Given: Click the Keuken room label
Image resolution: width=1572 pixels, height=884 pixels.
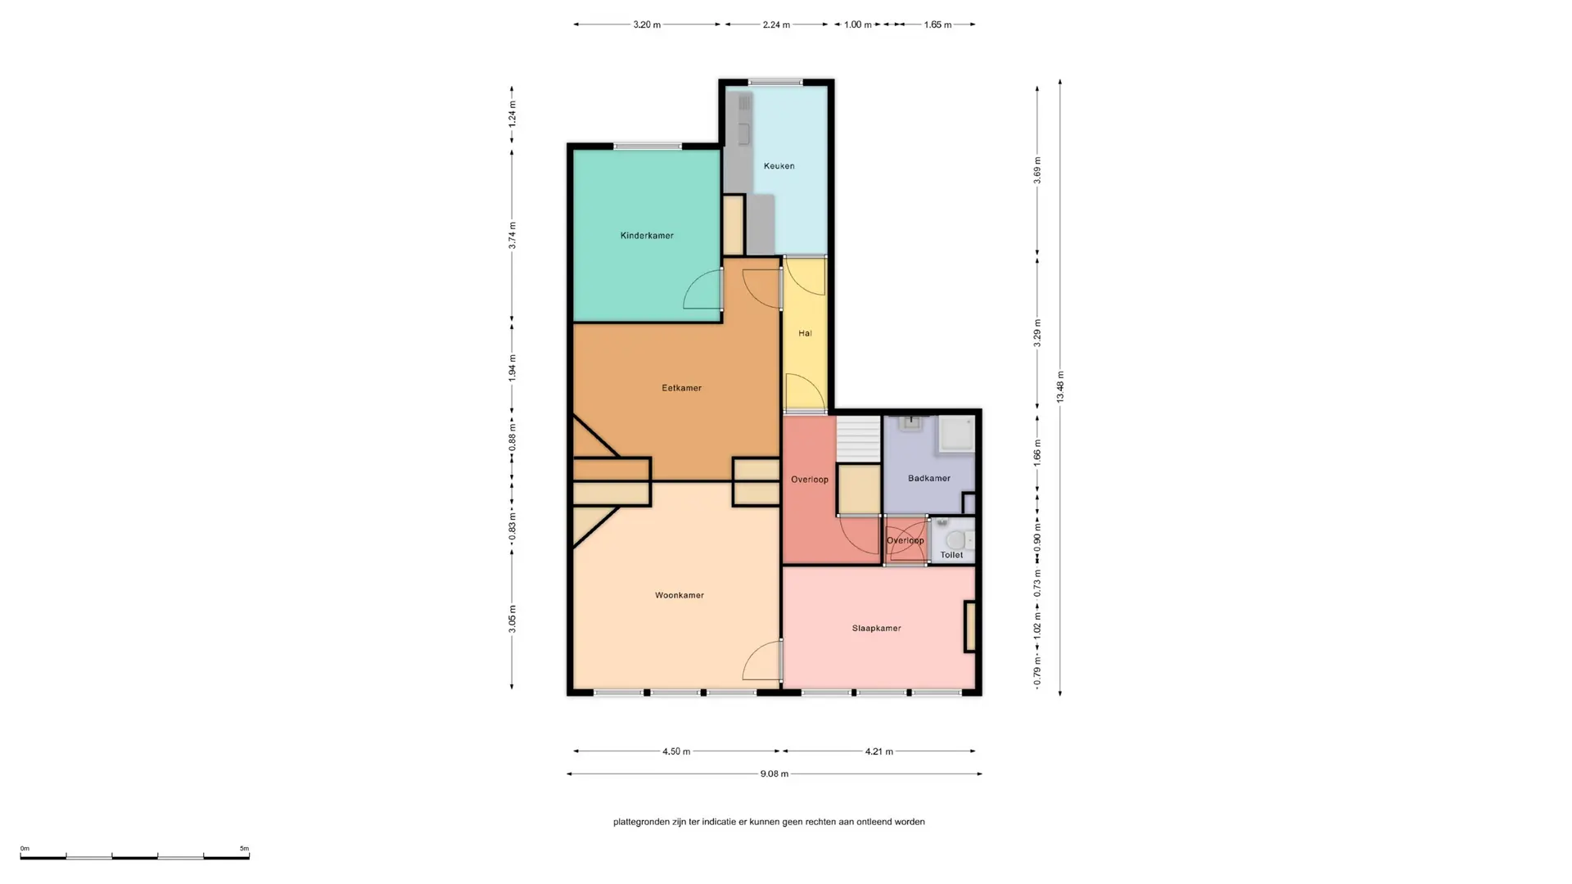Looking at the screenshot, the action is pos(779,166).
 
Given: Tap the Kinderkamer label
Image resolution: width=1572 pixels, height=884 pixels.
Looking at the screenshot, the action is pos(647,236).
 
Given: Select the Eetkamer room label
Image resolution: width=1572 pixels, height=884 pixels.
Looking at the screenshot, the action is pos(681,388).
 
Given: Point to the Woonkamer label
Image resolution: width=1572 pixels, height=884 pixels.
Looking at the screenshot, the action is pos(680,595).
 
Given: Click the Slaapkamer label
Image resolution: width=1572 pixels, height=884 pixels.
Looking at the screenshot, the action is pos(876,629).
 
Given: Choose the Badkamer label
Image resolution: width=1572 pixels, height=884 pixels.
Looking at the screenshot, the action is pos(929,478).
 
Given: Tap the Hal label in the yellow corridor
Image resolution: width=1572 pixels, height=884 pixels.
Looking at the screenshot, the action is pos(805,333).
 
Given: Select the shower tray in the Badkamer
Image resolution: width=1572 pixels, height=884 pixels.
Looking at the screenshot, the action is pos(956,434).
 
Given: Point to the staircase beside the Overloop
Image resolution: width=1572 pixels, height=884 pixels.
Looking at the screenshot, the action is pos(858,440).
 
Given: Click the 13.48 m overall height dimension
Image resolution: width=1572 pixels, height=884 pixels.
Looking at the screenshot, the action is pos(1060,387).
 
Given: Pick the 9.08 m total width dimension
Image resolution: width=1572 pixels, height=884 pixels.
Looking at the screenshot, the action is pos(774,773).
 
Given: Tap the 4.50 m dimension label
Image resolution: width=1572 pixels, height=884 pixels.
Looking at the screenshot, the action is pos(676,751).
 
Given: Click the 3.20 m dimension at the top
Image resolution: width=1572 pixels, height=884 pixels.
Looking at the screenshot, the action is pos(647,25).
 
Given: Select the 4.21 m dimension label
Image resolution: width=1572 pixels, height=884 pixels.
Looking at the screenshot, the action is pos(879,751).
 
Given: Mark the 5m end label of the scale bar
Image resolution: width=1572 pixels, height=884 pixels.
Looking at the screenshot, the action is pos(244,849).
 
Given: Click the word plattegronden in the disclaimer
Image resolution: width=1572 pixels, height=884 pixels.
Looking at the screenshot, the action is pos(641,822).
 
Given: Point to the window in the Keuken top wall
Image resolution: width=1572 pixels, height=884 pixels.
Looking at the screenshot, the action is pos(775,82).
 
